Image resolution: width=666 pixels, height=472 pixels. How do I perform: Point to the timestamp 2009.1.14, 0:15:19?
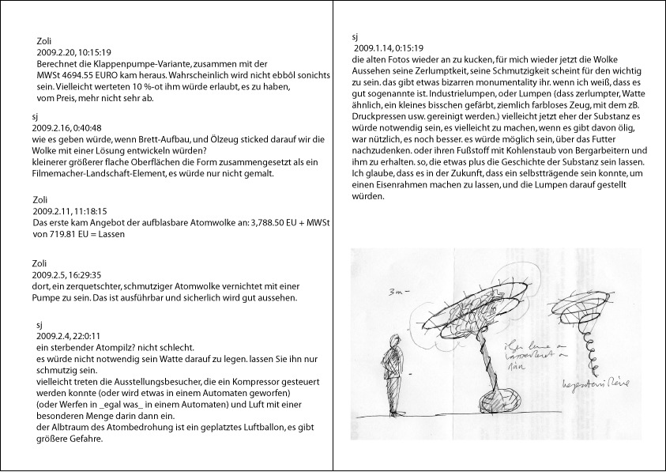pyautogui.click(x=389, y=48)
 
